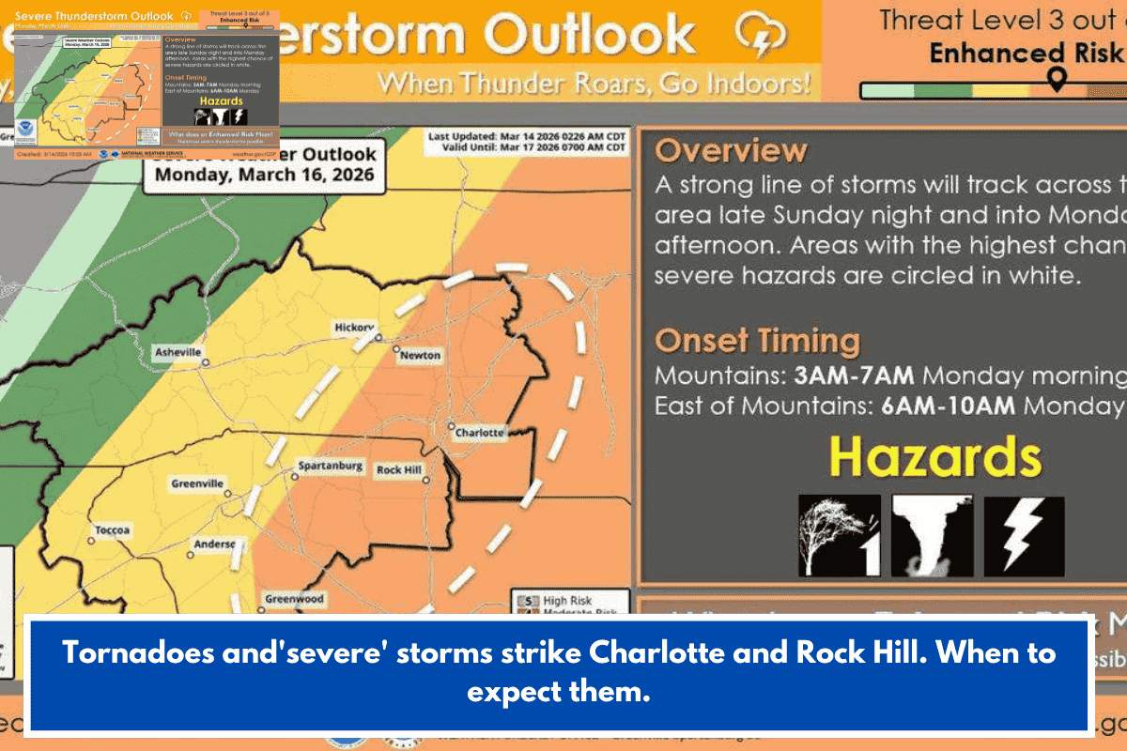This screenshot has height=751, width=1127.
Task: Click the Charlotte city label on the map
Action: [479, 433]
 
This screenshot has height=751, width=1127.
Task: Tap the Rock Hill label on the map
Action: [400, 469]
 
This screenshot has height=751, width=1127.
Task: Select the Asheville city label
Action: [177, 352]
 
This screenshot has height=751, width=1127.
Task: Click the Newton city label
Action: [419, 356]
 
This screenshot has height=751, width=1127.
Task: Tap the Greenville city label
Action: [197, 483]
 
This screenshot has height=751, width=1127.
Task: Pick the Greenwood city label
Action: [294, 599]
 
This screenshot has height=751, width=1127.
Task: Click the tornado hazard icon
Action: [932, 536]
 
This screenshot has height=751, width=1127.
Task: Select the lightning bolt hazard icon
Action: [1024, 536]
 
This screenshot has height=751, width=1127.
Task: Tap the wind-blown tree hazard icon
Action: [839, 536]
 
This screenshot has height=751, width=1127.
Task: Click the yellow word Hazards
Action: [935, 458]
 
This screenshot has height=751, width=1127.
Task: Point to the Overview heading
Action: [731, 151]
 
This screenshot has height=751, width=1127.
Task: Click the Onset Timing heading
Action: [757, 340]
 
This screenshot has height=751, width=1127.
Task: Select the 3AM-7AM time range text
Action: [854, 376]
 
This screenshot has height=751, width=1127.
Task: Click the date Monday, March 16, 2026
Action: [264, 175]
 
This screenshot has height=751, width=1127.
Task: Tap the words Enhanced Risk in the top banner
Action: [1025, 53]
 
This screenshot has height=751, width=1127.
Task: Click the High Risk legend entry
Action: [566, 600]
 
